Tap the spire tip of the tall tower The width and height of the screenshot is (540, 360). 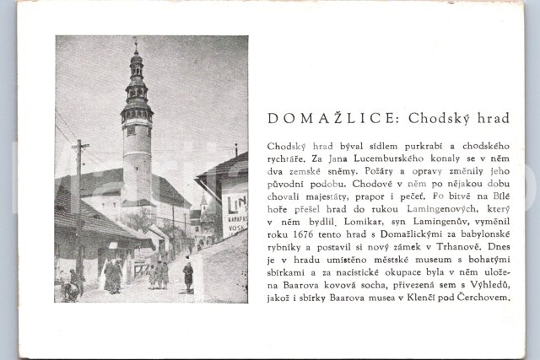pos(135,40)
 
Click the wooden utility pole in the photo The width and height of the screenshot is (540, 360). pos(80,202)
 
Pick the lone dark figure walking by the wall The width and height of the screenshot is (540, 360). pos(188,275)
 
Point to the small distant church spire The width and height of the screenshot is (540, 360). pos(203,201)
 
